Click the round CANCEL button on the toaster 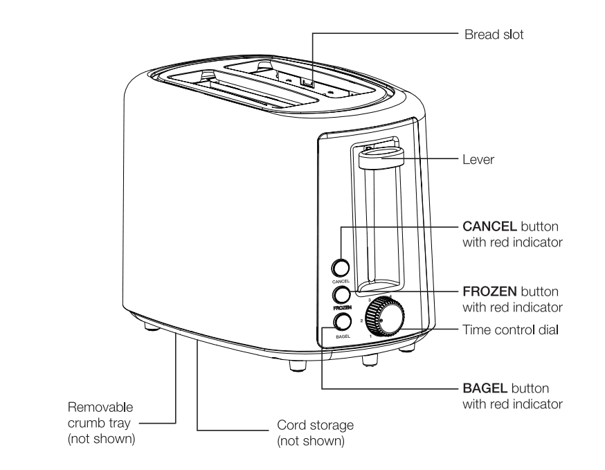[x=341, y=268]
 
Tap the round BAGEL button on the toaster [x=342, y=321]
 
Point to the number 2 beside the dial [x=361, y=322]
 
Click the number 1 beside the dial [x=370, y=336]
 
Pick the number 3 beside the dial [x=370, y=300]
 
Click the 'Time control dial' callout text [x=507, y=330]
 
